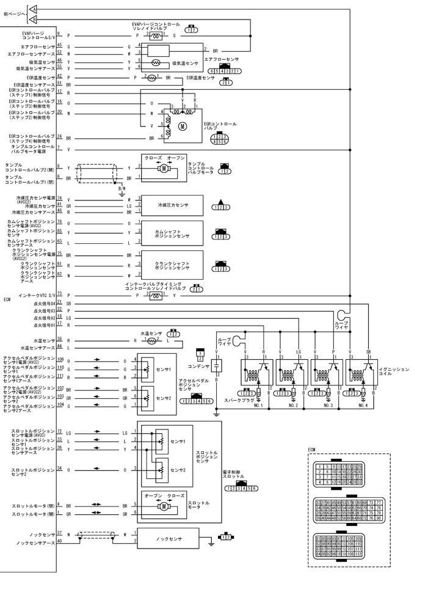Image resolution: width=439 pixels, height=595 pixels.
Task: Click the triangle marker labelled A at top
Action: point(33,9)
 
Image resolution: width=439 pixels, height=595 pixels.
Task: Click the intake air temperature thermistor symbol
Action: point(156,63)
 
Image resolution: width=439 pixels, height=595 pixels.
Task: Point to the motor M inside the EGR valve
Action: point(181,126)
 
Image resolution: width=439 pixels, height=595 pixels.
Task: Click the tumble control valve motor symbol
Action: point(163,167)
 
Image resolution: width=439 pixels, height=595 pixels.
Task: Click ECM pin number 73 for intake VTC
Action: point(59,295)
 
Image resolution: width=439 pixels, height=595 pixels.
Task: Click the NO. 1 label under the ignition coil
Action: point(258,404)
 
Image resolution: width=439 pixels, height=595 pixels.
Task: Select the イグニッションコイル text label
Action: point(394,371)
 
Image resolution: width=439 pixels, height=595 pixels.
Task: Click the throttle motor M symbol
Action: point(164,506)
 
